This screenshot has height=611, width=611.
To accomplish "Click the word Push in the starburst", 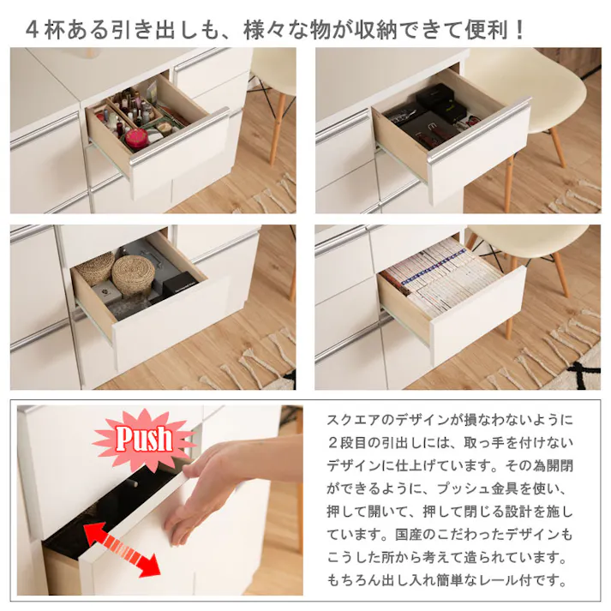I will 144,439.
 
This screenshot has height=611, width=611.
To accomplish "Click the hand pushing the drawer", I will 219,484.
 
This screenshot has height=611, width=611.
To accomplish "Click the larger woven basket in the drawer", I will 134,273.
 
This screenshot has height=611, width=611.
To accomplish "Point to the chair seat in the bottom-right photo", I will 536,242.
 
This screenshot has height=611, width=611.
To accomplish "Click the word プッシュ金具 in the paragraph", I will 458,489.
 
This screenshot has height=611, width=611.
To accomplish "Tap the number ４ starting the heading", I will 33,30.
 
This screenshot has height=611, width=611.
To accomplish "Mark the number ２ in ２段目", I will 334,444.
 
